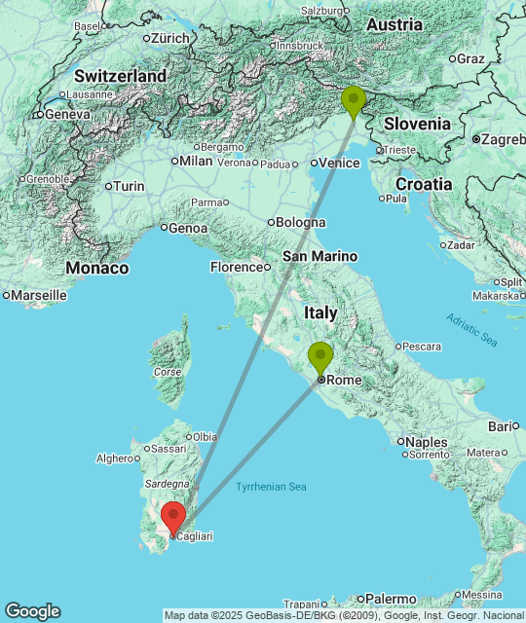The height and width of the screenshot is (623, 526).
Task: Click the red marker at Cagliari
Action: [174, 516]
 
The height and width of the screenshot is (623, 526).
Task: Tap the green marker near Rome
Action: [319, 357]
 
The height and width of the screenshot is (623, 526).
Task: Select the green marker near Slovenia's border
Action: [354, 100]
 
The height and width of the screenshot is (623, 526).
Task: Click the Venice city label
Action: [339, 163]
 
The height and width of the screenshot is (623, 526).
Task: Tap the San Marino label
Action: [319, 256]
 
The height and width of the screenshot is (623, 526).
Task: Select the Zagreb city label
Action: [501, 139]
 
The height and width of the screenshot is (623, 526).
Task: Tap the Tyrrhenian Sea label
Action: [271, 486]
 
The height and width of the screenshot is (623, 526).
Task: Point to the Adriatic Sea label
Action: [471, 329]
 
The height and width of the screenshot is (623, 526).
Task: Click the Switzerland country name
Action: [120, 75]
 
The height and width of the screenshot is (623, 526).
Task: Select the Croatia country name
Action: [424, 184]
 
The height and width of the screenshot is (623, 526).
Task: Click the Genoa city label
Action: [188, 228]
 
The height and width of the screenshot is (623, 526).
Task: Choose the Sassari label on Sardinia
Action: [168, 450]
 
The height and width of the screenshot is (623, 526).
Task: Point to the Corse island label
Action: [168, 372]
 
